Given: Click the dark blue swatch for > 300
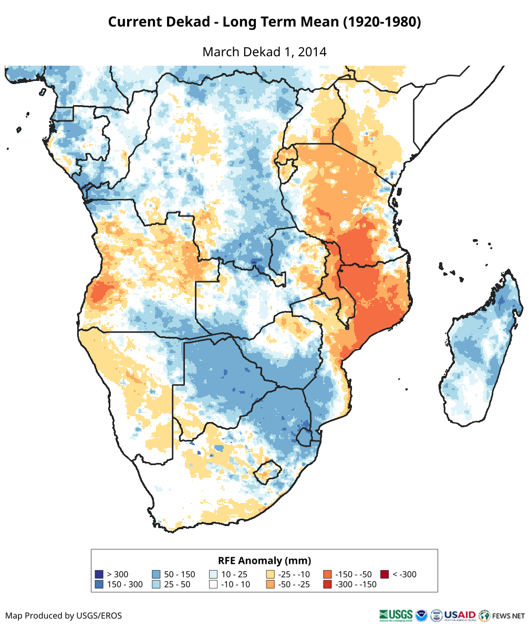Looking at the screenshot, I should pos(99,574).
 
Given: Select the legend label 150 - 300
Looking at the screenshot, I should pos(124,584).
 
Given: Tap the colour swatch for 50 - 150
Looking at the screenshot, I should pos(156,574).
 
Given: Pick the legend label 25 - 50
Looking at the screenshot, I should pos(177,584).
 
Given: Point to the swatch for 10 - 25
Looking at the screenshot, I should pos(213,574).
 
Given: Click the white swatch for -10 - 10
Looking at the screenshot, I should pos(213,584).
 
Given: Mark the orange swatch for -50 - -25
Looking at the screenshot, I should pos(271,584).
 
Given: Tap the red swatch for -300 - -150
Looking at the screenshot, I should pos(328,584).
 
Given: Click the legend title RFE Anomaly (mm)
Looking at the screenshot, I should pos(264,560).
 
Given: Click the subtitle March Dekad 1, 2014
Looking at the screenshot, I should pos(264,52).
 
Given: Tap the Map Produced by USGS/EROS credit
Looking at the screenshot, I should pos(64,615).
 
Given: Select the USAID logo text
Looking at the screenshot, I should pos(460,615).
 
